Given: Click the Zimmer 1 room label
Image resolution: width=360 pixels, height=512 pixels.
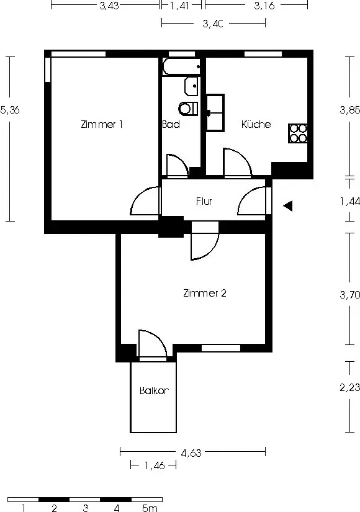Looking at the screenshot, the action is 102,124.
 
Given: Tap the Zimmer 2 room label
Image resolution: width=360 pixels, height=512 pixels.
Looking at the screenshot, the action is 204,293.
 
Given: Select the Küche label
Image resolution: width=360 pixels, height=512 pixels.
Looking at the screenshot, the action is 256,124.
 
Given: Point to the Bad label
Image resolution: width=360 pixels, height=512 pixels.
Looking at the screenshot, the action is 171,124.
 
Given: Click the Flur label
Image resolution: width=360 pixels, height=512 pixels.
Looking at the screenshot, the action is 204,201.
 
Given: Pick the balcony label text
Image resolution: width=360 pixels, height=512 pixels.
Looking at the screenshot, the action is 154,390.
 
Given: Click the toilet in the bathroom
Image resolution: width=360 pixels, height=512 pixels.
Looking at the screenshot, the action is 188,109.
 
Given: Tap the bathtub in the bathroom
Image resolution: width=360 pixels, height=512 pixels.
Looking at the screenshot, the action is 181,66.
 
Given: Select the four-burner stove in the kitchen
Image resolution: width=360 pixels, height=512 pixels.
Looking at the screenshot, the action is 298,133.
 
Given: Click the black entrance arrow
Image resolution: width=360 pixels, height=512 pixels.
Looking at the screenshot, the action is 287,206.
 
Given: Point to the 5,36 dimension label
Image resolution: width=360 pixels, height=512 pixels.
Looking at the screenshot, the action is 10,110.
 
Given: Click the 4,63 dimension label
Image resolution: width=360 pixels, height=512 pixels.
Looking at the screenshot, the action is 191,453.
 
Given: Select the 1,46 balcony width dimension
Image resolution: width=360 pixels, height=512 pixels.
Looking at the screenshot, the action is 155,465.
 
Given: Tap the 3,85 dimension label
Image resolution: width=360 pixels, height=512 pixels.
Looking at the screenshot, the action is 350,110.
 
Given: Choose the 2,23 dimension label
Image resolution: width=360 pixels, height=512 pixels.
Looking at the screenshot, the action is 350,387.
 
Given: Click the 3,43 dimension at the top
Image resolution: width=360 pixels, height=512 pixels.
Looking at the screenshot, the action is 109,6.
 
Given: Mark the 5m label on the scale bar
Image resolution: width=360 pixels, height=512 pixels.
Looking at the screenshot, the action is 150,508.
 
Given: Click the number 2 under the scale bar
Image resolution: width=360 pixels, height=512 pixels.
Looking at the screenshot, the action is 54,508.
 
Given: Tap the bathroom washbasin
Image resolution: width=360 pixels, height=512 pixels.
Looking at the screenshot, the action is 191,86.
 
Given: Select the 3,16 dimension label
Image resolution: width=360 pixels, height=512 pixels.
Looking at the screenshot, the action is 264,6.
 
